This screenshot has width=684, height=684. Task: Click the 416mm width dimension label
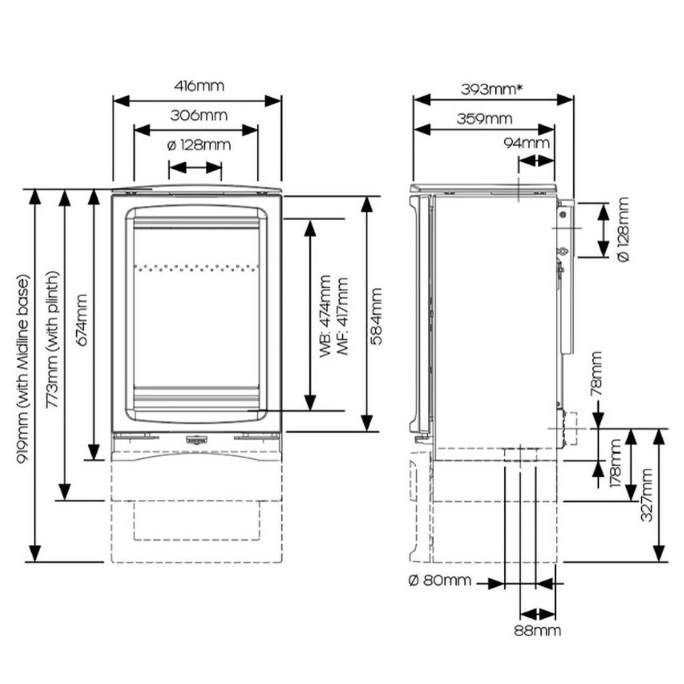pyautogui.click(x=199, y=86)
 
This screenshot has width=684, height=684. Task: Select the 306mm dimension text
pyautogui.click(x=199, y=116)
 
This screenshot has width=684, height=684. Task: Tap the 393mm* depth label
pyautogui.click(x=491, y=89)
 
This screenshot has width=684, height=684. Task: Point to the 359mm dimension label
pyautogui.click(x=484, y=118)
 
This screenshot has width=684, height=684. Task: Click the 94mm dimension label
pyautogui.click(x=526, y=142)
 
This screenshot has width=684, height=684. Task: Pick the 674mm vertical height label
pyautogui.click(x=82, y=320)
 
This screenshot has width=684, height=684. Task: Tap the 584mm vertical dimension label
pyautogui.click(x=376, y=316)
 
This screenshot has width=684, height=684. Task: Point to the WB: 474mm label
pyautogui.click(x=326, y=316)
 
